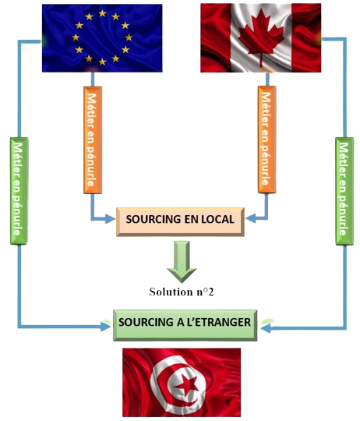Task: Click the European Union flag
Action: point(102,38)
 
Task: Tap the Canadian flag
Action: point(261,38)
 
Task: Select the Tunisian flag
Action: point(182,382)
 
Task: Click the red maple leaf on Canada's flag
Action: point(261,37)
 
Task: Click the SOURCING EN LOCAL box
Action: point(180,221)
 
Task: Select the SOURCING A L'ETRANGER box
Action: point(185,325)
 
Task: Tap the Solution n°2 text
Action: point(182,292)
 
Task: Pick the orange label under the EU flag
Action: point(93,140)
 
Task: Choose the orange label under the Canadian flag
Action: point(267,140)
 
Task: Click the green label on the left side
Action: point(19,191)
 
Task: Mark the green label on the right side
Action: point(344,191)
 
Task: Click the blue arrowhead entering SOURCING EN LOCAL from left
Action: point(110,219)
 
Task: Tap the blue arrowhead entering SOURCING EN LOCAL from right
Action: point(251,218)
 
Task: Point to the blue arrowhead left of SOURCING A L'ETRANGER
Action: point(105,327)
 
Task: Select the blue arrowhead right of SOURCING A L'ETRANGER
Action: point(266,327)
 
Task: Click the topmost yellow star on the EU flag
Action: point(102,13)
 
